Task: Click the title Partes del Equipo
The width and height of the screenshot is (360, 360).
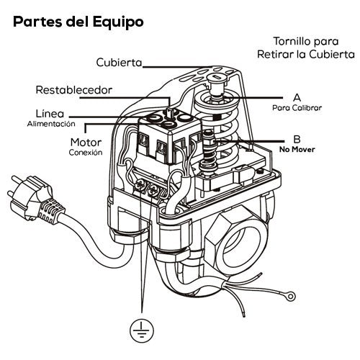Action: (x=78, y=21)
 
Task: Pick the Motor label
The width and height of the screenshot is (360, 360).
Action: (x=86, y=142)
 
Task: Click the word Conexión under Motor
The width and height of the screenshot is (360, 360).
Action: (x=86, y=153)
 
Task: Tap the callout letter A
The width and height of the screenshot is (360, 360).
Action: (x=297, y=96)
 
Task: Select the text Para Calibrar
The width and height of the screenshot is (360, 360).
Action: (x=297, y=107)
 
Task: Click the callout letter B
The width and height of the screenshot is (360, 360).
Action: (x=297, y=139)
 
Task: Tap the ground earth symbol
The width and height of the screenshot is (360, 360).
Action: (x=140, y=330)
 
